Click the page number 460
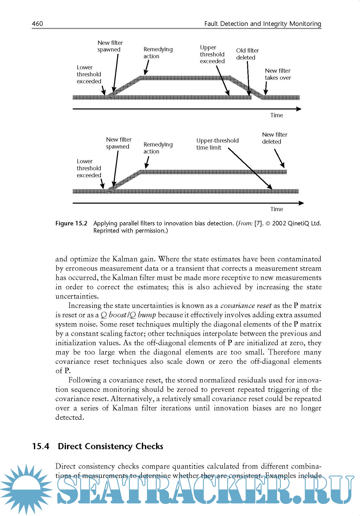click(x=38, y=24)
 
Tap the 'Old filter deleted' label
click(x=247, y=54)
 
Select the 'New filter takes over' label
click(x=278, y=74)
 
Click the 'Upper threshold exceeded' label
click(x=212, y=54)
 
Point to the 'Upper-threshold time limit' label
click(x=217, y=144)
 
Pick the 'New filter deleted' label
click(x=274, y=138)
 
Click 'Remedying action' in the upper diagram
click(x=158, y=53)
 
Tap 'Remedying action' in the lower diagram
click(x=158, y=148)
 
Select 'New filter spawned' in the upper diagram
click(x=110, y=46)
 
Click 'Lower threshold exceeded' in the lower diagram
click(x=89, y=168)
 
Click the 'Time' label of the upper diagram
click(x=276, y=115)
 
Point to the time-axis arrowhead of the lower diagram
click(x=301, y=203)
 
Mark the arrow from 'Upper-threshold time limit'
click(x=250, y=168)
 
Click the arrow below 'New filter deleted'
click(x=279, y=158)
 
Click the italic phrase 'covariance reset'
click(x=246, y=306)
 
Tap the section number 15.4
click(x=41, y=446)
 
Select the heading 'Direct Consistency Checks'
click(x=111, y=446)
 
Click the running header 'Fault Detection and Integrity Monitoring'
click(x=262, y=24)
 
